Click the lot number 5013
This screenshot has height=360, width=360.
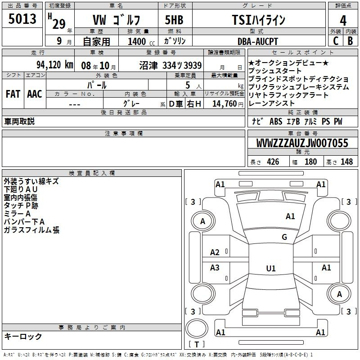click(x=22, y=19)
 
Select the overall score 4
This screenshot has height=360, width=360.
click(x=343, y=20)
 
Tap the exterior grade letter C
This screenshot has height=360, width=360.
click(x=336, y=41)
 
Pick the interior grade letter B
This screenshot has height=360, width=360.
click(x=350, y=41)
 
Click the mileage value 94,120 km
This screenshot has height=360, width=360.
click(x=54, y=65)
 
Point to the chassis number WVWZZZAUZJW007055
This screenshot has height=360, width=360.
click(x=302, y=143)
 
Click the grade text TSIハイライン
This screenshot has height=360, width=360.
click(x=258, y=20)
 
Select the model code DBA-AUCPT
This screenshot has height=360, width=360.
click(x=257, y=41)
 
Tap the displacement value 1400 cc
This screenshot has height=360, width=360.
click(x=141, y=41)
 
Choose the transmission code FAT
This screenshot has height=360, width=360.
click(x=13, y=94)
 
